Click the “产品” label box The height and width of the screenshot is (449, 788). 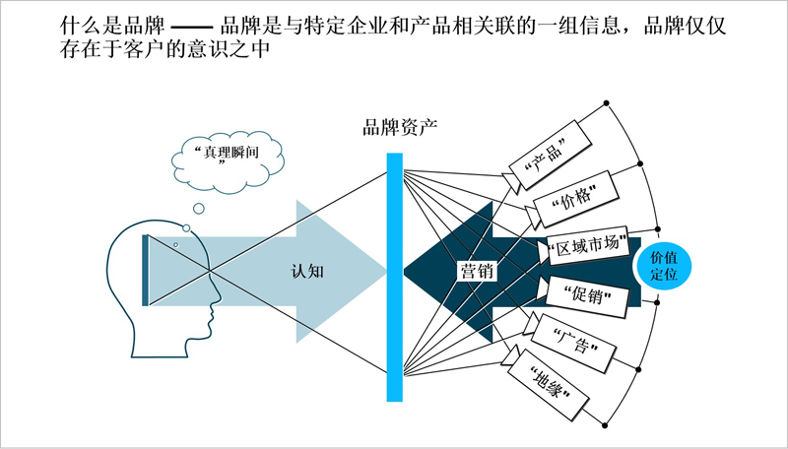(550, 155)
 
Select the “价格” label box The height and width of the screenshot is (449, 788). (575, 199)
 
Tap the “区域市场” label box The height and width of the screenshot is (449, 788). (587, 245)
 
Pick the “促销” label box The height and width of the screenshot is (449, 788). (587, 296)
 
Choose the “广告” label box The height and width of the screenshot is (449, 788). (574, 343)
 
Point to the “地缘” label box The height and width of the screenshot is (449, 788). (549, 386)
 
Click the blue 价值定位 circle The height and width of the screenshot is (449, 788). (662, 267)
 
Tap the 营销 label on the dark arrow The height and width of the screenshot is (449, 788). (477, 271)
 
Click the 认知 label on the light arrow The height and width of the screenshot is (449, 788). (307, 271)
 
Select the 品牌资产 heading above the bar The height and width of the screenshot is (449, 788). (400, 127)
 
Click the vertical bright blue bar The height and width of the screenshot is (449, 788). (395, 278)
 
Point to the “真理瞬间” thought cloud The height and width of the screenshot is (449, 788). (228, 161)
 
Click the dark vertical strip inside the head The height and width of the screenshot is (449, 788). (145, 270)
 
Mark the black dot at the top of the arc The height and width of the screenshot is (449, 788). (606, 103)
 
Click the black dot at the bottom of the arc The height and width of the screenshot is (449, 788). (605, 426)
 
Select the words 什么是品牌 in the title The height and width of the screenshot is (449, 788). (112, 26)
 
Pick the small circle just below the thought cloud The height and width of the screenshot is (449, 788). (199, 208)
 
